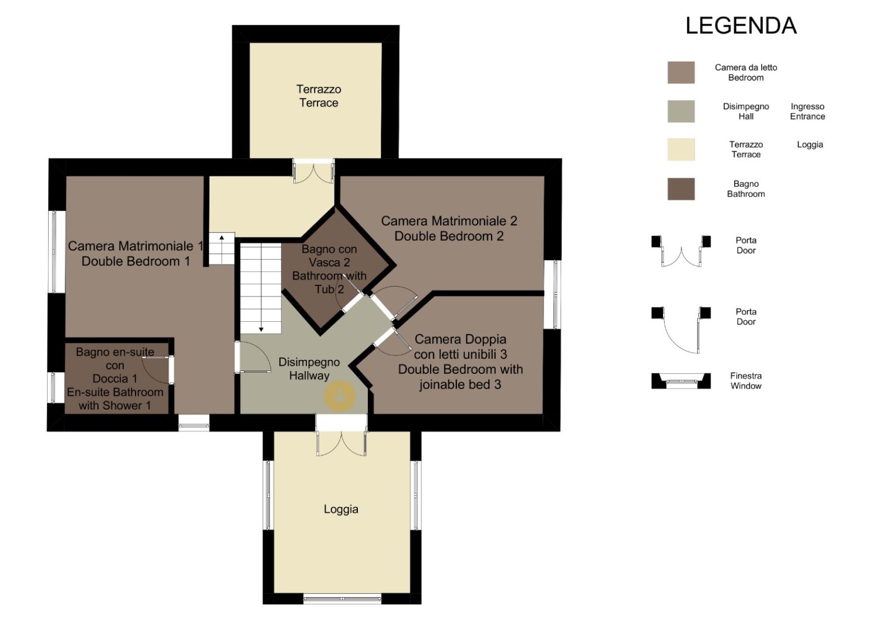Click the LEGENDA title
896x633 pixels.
[741, 26]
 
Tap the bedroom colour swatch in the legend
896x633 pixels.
[681, 72]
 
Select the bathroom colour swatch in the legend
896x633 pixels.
[681, 189]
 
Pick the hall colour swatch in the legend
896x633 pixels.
[681, 111]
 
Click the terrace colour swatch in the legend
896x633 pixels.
[681, 149]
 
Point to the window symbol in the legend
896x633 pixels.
[681, 381]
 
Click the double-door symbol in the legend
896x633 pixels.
[681, 251]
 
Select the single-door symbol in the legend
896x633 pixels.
[681, 330]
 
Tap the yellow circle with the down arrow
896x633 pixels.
[340, 396]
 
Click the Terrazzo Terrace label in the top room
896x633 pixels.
[319, 96]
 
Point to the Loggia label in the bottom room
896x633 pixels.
[341, 509]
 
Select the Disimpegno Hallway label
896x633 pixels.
[309, 369]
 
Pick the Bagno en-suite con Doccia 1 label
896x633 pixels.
[115, 379]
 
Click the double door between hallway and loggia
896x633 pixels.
[341, 435]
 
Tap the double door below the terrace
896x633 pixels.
[313, 171]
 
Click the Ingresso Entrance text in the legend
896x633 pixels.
[807, 111]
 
